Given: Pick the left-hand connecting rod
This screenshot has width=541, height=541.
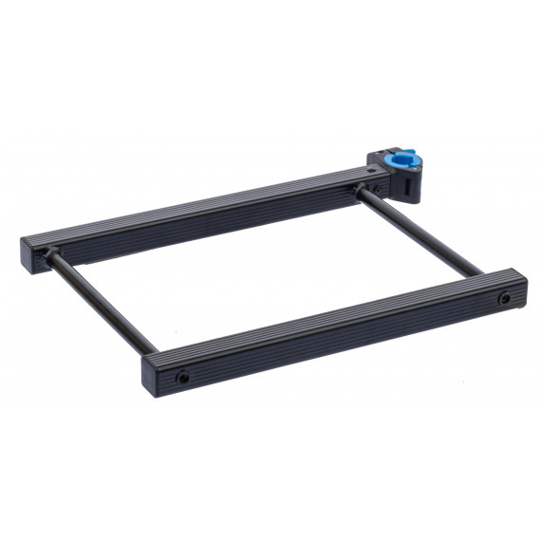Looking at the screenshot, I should coord(100,302).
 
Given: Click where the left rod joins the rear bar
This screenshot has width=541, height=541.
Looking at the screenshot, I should coord(53,253).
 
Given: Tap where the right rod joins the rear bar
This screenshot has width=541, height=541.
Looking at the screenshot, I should coord(362,193).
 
